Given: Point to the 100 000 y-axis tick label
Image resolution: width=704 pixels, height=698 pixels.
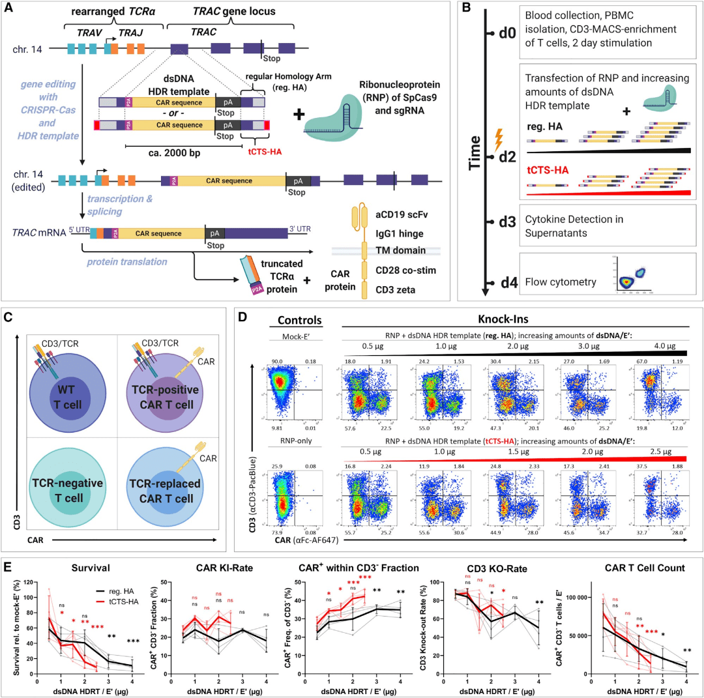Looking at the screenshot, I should (578, 597).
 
